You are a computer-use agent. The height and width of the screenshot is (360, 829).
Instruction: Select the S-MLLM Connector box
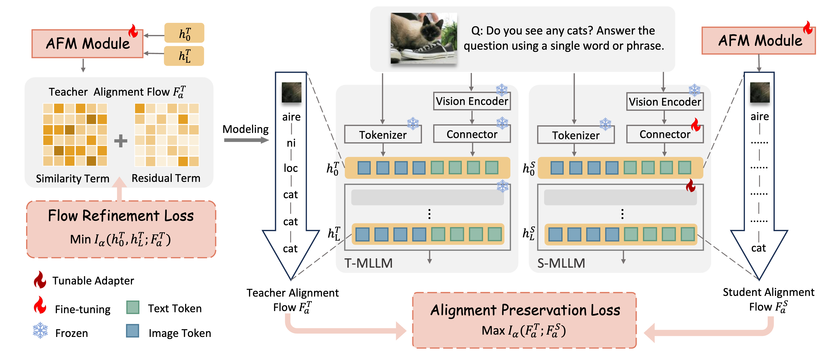click(665, 134)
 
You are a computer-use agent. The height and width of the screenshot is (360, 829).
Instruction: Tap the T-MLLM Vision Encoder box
click(472, 101)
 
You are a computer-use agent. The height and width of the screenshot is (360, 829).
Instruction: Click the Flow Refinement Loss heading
click(121, 216)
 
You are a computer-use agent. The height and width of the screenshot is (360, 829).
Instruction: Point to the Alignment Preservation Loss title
click(525, 310)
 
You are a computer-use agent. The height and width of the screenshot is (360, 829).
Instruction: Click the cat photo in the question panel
click(424, 38)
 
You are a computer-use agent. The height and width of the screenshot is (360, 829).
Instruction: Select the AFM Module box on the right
click(759, 41)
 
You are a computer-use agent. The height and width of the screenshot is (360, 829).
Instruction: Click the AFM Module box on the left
click(87, 43)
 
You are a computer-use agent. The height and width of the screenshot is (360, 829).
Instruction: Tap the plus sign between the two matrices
click(121, 141)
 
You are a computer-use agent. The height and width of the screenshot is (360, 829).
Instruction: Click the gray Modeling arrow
click(246, 140)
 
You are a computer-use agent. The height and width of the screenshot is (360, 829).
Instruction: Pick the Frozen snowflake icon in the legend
click(40, 330)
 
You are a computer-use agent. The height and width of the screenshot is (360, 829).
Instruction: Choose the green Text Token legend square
click(133, 308)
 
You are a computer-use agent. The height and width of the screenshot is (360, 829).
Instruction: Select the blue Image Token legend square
click(133, 331)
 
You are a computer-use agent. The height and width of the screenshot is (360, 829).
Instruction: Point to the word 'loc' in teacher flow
click(291, 168)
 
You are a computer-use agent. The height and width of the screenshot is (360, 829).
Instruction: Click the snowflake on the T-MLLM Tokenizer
click(413, 124)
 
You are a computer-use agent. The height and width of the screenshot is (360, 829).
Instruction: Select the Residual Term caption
click(166, 178)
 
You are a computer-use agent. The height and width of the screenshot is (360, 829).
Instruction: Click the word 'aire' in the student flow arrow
click(760, 116)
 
